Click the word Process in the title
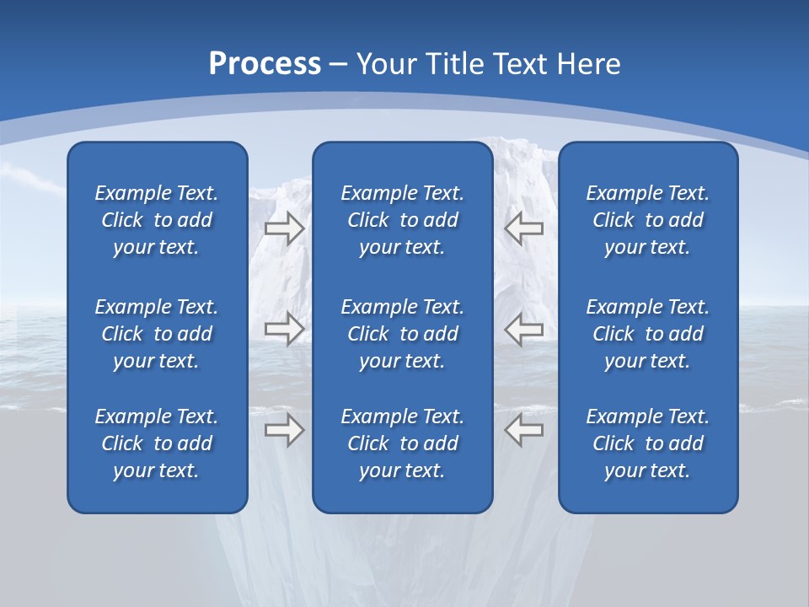tap(265, 64)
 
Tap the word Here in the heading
tap(589, 64)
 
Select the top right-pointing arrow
tap(284, 228)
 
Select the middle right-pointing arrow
tap(284, 329)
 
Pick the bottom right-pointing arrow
tap(284, 430)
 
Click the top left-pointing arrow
tap(523, 228)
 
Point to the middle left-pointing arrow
tap(523, 329)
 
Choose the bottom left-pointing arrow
tap(523, 430)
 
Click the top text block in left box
tap(157, 220)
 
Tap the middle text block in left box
tap(157, 334)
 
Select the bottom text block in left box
tap(157, 443)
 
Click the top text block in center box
tap(403, 220)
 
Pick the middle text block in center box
tap(403, 334)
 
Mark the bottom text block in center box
tap(403, 443)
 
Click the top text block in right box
tap(648, 220)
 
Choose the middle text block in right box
tap(648, 334)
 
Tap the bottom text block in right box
tap(648, 443)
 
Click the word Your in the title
tap(384, 64)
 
